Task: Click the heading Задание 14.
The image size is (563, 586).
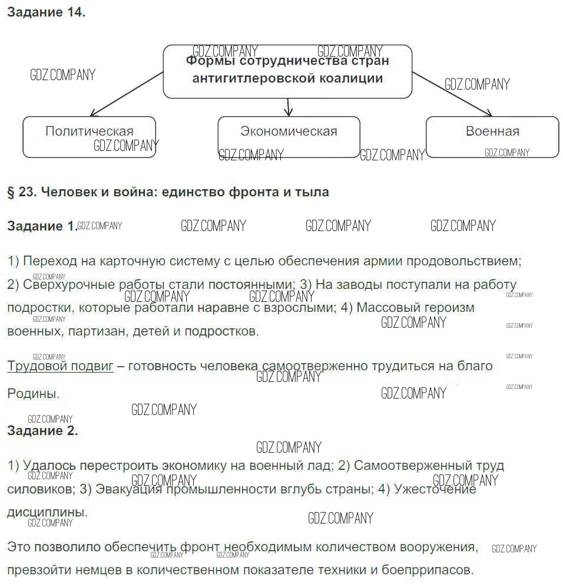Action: (x=46, y=12)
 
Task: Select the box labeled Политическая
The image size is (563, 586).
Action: (x=90, y=137)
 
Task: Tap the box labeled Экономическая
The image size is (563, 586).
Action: (x=289, y=137)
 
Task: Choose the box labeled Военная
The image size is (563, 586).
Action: (x=492, y=137)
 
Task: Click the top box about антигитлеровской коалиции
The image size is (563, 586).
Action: (x=287, y=71)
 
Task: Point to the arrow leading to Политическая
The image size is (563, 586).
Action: (x=126, y=94)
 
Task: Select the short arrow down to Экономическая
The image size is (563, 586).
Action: (x=288, y=107)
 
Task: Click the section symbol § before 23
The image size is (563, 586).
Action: (x=11, y=192)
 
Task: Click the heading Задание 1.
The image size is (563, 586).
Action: (x=42, y=226)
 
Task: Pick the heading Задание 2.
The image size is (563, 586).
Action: (x=42, y=430)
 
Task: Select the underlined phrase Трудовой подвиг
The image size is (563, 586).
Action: (x=60, y=366)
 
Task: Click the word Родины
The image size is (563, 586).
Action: (x=33, y=393)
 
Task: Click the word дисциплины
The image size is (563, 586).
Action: (x=47, y=512)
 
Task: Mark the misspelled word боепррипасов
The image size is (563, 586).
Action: (x=429, y=570)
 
